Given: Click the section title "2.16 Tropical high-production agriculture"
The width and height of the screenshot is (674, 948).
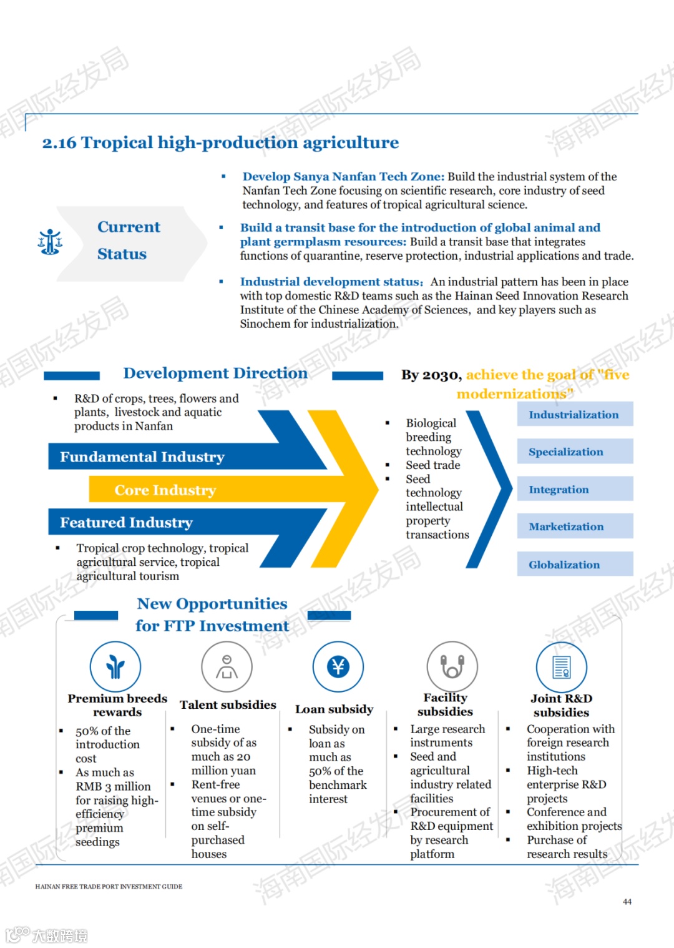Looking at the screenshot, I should point(220,143).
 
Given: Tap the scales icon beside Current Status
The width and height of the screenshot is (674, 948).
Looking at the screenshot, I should point(50,242).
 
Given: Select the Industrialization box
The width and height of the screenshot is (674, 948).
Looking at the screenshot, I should point(574,415).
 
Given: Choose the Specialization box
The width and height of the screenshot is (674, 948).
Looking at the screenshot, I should point(574,452).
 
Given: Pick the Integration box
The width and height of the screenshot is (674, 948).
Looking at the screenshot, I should point(574,490).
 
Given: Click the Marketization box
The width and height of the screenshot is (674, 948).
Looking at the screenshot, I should point(574,526).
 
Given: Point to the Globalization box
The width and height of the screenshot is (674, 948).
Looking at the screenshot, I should point(574,565).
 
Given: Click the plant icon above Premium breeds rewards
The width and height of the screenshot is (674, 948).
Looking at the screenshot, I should point(115,667).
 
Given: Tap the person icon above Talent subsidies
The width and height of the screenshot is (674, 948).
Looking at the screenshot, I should point(227,667).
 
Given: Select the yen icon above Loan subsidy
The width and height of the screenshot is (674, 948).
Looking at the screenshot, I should point(338,667).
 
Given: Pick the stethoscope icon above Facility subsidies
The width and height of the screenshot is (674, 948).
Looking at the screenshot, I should point(452,667).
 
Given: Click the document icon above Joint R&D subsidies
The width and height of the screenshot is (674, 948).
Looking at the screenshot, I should point(562,667).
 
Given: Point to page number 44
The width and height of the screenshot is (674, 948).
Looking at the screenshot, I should point(627,902).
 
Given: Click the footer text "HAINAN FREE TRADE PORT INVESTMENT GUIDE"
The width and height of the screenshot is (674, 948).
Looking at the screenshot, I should point(109,887).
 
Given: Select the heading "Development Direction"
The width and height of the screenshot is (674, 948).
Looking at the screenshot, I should point(215,373).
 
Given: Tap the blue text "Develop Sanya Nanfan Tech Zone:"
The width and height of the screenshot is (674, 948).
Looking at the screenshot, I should point(343,177).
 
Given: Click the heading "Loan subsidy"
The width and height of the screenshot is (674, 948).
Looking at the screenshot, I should point(334,709).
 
